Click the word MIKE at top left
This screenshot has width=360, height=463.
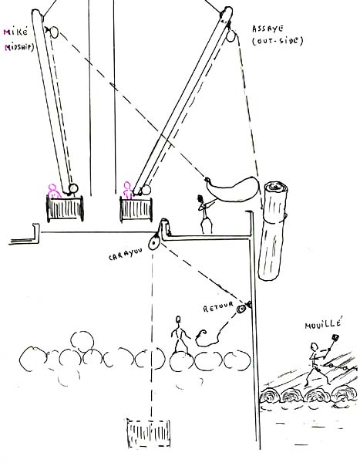15,32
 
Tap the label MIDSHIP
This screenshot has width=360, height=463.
19,46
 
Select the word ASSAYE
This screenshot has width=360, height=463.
267,29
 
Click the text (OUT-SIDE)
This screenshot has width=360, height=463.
278,40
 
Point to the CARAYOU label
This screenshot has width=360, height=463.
126,254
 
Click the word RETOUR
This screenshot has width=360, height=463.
218,307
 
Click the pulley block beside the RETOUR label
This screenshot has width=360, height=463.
241,309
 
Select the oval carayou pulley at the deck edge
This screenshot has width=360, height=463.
154,242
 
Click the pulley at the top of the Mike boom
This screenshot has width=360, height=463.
54,32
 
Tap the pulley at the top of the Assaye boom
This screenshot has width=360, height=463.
230,36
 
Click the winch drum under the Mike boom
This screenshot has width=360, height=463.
65,208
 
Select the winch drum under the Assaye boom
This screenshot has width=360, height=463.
136,209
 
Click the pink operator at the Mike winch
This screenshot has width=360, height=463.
53,191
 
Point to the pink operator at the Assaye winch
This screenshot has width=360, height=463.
127,190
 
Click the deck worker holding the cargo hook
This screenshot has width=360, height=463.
205,214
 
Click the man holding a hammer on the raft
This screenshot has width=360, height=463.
319,362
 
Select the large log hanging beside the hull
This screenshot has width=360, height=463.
273,231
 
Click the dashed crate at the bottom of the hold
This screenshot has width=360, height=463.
149,433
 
